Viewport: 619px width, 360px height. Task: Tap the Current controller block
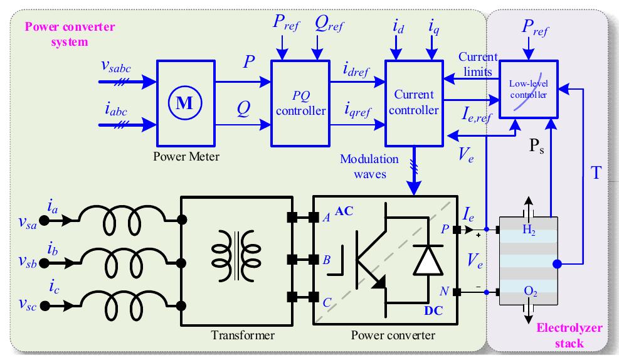414,103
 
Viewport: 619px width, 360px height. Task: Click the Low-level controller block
527,90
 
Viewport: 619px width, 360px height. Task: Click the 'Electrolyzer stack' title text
569,336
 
